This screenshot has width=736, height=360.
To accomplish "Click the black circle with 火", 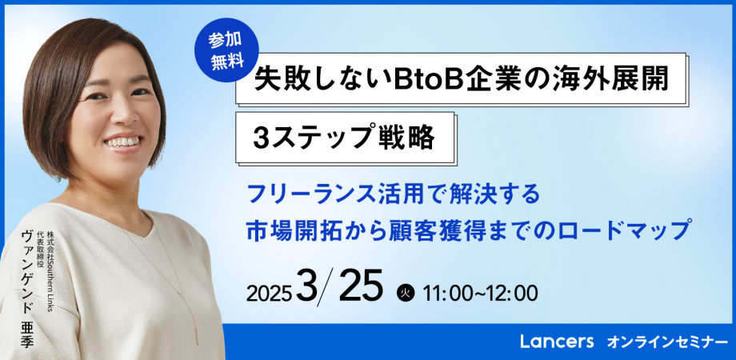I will click(x=404, y=293).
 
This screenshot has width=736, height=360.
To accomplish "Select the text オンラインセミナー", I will click(x=662, y=342).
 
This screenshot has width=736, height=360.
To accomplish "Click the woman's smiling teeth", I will click(x=121, y=143).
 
